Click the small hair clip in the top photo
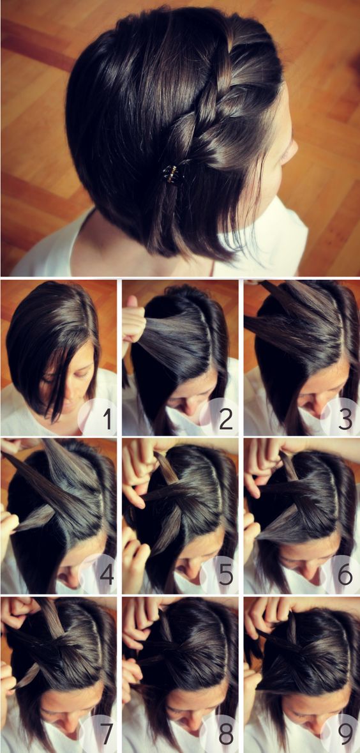pos(172,172)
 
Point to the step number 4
pos(105,575)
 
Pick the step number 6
pos(345,575)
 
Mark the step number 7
pos(105,734)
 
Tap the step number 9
pos(345,734)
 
